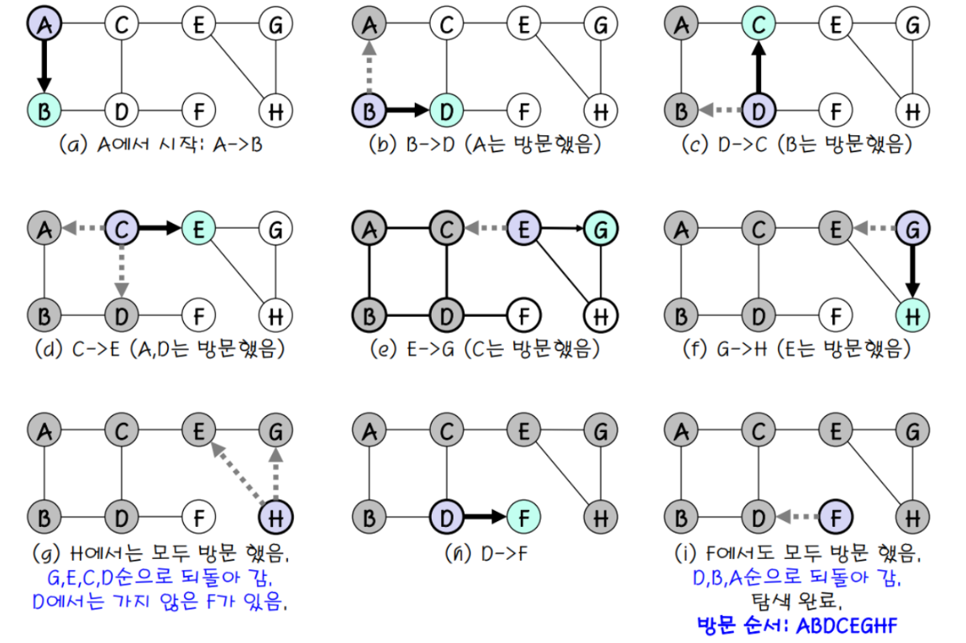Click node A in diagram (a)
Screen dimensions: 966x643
coord(45,24)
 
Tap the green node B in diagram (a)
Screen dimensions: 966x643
coord(45,111)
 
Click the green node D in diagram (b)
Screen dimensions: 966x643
coord(447,111)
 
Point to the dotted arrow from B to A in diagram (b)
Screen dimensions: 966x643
coord(369,66)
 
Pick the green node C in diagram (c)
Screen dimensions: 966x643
coord(759,24)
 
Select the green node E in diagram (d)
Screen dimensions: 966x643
coord(198,229)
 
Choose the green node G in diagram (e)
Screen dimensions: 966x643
coord(601,229)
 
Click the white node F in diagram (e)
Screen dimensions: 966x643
coord(523,316)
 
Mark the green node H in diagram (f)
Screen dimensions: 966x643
coord(912,316)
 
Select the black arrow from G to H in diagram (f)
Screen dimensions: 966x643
coord(912,271)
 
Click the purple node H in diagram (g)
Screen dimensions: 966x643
coord(276,517)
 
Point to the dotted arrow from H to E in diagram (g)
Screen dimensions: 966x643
coord(237,473)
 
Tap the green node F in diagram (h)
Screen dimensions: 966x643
coord(523,517)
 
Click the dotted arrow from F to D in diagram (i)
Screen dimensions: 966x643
coord(797,517)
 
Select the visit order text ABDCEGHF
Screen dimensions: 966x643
coord(847,625)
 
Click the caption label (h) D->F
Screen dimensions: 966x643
coord(486,554)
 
